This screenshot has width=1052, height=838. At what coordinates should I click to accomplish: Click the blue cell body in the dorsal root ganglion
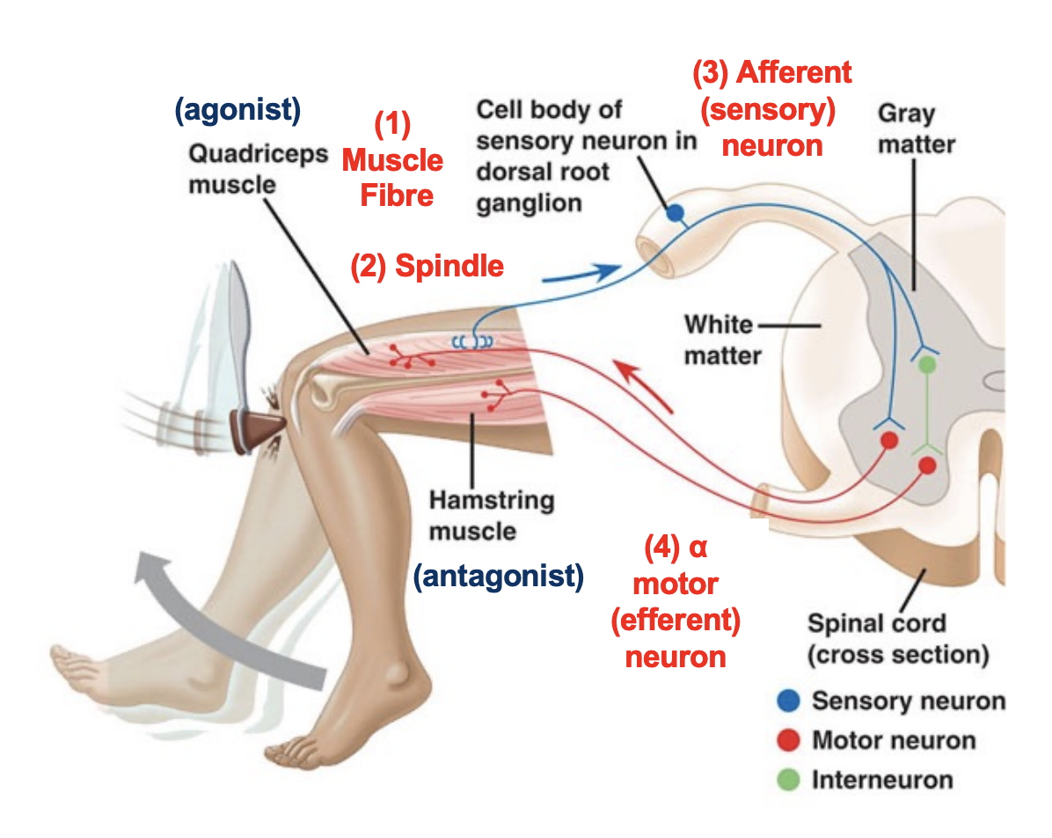675,212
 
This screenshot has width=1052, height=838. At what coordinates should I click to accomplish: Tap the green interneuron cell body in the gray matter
926,363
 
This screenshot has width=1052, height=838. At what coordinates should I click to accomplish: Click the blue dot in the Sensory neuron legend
789,701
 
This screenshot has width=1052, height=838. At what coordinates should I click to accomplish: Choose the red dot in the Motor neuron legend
789,740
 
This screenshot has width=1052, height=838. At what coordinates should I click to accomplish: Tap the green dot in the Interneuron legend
789,780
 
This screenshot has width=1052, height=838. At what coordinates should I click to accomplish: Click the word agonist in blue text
238,110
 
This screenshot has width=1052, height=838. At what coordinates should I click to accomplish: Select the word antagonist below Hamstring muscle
499,577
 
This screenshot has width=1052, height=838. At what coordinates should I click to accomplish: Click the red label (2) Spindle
427,266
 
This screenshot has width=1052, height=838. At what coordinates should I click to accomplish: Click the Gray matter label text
906,129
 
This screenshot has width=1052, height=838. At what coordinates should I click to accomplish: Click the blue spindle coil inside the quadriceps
474,341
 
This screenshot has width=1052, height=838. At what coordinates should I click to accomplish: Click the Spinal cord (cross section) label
897,639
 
